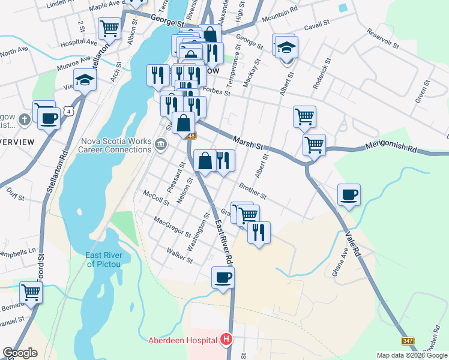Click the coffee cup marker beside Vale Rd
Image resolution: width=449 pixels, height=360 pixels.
click(349, 195)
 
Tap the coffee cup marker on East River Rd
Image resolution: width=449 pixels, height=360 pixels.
click(223, 278)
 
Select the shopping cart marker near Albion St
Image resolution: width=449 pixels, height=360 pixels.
click(110, 28)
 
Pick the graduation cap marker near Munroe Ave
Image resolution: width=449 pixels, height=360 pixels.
click(85, 80)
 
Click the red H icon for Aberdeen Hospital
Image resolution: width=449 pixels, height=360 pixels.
click(226, 340)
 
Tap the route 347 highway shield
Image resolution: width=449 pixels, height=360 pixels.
click(408, 341)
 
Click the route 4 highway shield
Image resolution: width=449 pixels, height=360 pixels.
click(70, 112)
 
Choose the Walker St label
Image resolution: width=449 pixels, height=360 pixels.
click(179, 256)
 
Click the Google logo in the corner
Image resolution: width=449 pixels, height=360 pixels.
click(20, 353)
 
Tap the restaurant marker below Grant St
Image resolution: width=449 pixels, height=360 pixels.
click(259, 232)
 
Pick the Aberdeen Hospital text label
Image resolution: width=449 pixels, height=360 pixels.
click(182, 340)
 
